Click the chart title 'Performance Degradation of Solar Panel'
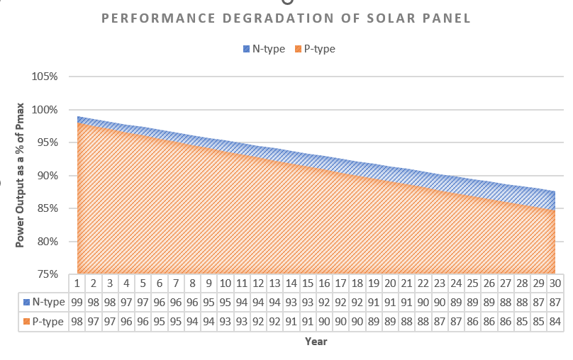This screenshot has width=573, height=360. [x=286, y=18]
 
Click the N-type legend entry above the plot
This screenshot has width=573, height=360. [x=264, y=49]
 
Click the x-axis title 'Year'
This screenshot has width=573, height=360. [x=316, y=342]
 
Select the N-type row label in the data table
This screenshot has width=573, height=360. [x=44, y=302]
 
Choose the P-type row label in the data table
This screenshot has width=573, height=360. [x=44, y=322]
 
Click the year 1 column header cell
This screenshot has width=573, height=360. [x=77, y=283]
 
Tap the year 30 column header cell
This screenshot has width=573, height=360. [x=555, y=283]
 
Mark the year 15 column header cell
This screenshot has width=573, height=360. [x=308, y=283]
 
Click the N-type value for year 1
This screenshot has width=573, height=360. [x=77, y=302]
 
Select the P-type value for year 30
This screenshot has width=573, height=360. [x=555, y=322]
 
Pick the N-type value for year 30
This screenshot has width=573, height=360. [x=555, y=302]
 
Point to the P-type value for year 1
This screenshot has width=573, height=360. [x=77, y=322]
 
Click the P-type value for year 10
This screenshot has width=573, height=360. [x=226, y=322]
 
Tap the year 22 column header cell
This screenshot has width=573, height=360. [x=423, y=283]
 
